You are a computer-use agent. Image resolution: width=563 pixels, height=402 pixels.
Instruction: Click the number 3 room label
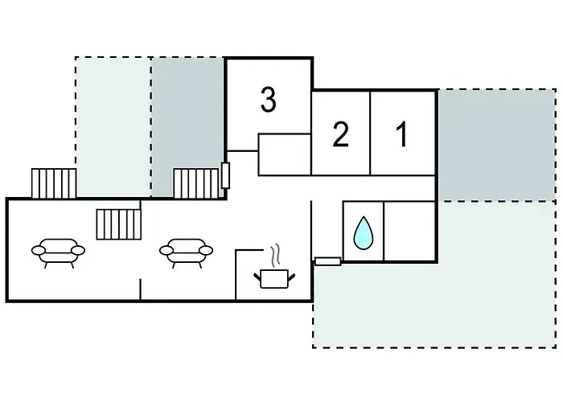269,100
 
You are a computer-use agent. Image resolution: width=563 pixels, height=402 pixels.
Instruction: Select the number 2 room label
340,134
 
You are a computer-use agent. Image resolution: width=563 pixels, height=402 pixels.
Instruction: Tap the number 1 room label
402,134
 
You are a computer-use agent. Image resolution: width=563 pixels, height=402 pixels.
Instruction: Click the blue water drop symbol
364,232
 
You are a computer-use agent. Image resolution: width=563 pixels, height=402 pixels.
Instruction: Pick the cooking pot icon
274,278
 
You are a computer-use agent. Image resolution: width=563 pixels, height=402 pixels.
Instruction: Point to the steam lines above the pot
275,255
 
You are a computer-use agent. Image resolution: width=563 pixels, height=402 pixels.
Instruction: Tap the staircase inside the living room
118,224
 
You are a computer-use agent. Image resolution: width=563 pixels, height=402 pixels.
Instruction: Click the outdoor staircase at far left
54,183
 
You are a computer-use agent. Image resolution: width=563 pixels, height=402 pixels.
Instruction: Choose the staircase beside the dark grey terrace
196,183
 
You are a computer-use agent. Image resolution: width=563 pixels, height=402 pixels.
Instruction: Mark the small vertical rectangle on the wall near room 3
225,175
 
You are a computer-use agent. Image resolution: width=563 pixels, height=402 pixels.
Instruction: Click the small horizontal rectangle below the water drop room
328,261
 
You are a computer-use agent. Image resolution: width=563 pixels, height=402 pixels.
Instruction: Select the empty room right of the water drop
409,231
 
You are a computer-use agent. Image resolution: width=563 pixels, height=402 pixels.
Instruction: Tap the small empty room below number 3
285,154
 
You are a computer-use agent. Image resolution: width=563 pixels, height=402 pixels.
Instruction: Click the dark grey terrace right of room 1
497,145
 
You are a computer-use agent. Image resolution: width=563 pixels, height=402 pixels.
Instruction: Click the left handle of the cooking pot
257,277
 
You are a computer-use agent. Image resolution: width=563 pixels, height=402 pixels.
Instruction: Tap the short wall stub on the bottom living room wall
141,289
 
